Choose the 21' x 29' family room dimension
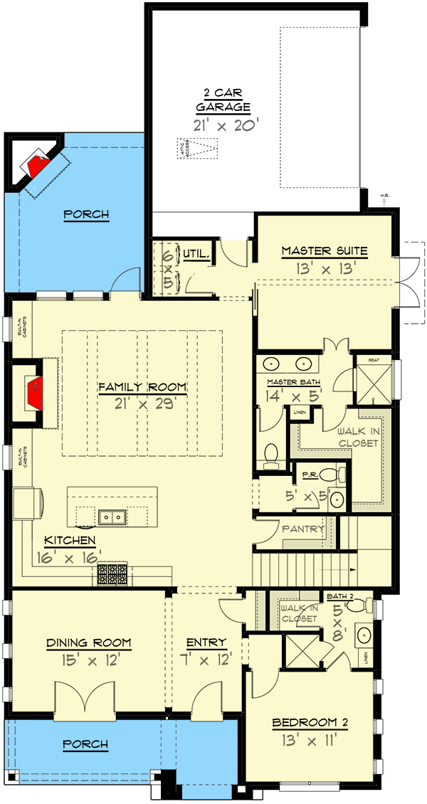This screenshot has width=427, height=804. coord(142,402)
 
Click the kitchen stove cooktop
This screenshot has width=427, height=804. coord(111,573)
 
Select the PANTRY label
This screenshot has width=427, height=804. coord(302,529)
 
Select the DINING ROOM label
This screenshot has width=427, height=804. coord(89,642)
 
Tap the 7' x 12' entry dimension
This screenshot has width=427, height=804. coord(206,660)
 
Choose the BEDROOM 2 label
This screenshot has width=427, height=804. coord(310,723)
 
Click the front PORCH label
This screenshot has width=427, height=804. coord(85,744)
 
